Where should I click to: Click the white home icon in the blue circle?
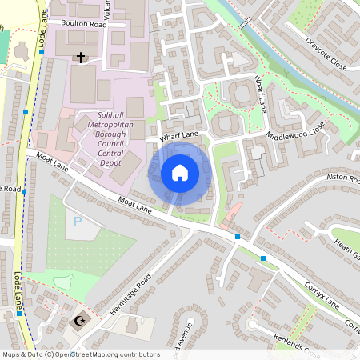(179, 173)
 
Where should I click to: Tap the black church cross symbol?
(80, 58)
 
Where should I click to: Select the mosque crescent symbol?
(79, 322)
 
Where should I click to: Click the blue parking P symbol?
(78, 221)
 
